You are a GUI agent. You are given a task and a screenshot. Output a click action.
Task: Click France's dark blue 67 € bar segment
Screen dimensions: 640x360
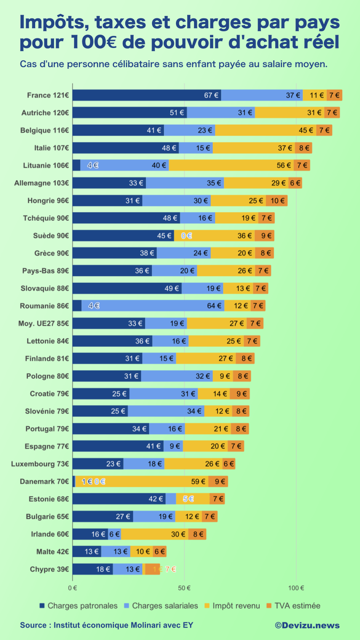[147, 95]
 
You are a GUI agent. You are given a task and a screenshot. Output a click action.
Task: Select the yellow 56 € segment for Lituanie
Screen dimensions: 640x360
[239, 165]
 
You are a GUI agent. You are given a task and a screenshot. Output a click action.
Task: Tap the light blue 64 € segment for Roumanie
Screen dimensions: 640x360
[153, 306]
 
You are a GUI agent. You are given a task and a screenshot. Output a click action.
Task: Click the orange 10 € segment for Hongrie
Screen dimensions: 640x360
[276, 201]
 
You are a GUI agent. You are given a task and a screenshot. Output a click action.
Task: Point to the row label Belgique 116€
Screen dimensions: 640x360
[45, 130]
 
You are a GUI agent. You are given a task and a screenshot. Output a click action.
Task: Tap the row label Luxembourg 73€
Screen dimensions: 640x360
[40, 464]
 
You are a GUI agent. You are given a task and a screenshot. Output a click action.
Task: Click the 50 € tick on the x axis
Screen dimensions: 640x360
[184, 588]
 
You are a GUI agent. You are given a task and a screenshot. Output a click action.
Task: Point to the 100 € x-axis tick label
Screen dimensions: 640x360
[296, 588]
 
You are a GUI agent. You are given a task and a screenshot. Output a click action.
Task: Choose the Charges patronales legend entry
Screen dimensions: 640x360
[78, 606]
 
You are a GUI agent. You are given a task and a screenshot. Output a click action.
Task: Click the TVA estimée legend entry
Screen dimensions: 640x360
[294, 606]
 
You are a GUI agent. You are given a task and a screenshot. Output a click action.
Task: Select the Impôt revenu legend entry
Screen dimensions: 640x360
[233, 606]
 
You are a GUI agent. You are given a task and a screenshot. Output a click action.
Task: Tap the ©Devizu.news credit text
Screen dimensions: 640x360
[307, 625]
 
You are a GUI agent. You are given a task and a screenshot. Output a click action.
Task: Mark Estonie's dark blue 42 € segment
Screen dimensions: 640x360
[118, 499]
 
